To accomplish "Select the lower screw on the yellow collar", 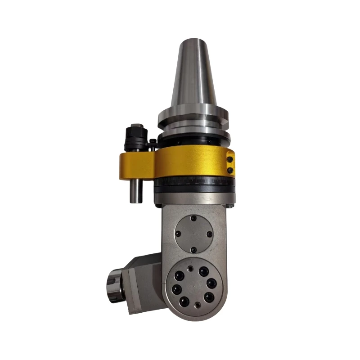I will point(230,170).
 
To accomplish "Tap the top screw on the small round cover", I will point(193,218).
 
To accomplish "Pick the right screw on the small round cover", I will point(209,234).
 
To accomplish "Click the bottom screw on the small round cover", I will point(193,250).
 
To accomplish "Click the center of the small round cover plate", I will point(193,234).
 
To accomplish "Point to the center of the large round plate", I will point(193,287).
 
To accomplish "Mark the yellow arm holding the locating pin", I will point(137,164).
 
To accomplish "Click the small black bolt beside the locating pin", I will point(153,143).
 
